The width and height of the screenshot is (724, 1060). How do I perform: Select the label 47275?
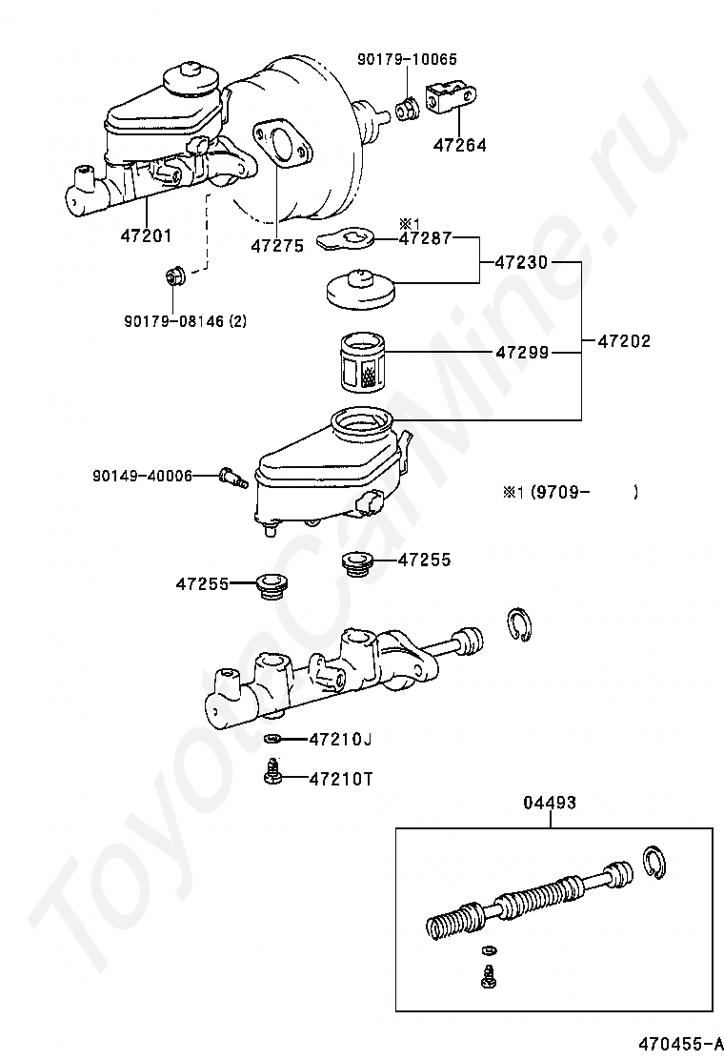(276, 245)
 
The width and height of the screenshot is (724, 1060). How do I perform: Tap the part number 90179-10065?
(407, 59)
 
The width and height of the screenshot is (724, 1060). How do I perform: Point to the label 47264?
(459, 146)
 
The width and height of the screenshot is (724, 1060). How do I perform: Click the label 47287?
(425, 238)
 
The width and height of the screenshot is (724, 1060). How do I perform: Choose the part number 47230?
(521, 262)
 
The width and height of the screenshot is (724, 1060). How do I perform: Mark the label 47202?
(624, 340)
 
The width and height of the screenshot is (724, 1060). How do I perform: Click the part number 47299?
(521, 353)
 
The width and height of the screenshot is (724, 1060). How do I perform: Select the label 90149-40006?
(142, 475)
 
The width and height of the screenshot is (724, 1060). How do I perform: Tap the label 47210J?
(339, 739)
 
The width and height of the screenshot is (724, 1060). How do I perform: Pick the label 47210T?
(340, 779)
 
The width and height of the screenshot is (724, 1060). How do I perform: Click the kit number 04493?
(549, 803)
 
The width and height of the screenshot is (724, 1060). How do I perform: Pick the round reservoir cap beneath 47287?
(361, 289)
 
